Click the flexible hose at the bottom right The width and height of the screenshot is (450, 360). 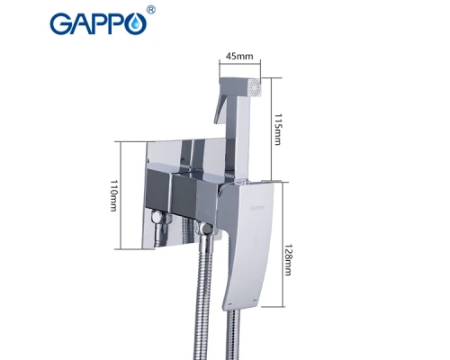[x=234, y=337]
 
